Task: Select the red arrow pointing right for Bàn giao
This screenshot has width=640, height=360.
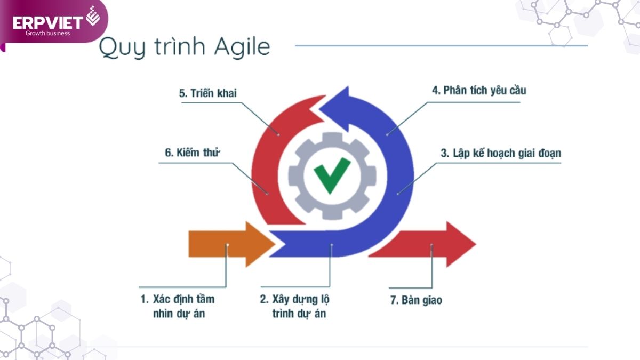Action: pyautogui.click(x=423, y=244)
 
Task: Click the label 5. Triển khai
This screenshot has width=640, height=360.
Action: pyautogui.click(x=207, y=93)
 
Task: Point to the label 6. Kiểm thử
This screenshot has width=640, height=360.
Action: pyautogui.click(x=193, y=153)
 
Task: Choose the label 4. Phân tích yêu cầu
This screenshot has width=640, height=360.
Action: pyautogui.click(x=479, y=90)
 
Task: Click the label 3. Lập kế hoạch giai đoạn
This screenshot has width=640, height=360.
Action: pyautogui.click(x=501, y=154)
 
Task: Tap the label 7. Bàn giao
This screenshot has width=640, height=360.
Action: pyautogui.click(x=416, y=300)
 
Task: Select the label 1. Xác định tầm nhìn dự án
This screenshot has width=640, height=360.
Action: pyautogui.click(x=178, y=306)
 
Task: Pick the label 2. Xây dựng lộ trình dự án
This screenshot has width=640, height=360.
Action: pyautogui.click(x=294, y=306)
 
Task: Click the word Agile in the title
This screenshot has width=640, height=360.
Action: pyautogui.click(x=242, y=47)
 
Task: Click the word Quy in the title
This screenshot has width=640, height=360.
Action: pyautogui.click(x=122, y=47)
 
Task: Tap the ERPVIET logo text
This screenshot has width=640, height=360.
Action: pyautogui.click(x=47, y=23)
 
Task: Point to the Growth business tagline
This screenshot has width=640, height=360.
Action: pyautogui.click(x=47, y=33)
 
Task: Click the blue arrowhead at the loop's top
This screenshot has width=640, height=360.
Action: pyautogui.click(x=339, y=109)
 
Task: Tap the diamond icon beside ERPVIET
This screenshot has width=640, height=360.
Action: pyautogui.click(x=93, y=16)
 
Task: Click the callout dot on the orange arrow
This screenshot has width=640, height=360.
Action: pyautogui.click(x=227, y=245)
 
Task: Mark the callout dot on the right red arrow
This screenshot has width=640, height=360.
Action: pyautogui.click(x=431, y=245)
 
